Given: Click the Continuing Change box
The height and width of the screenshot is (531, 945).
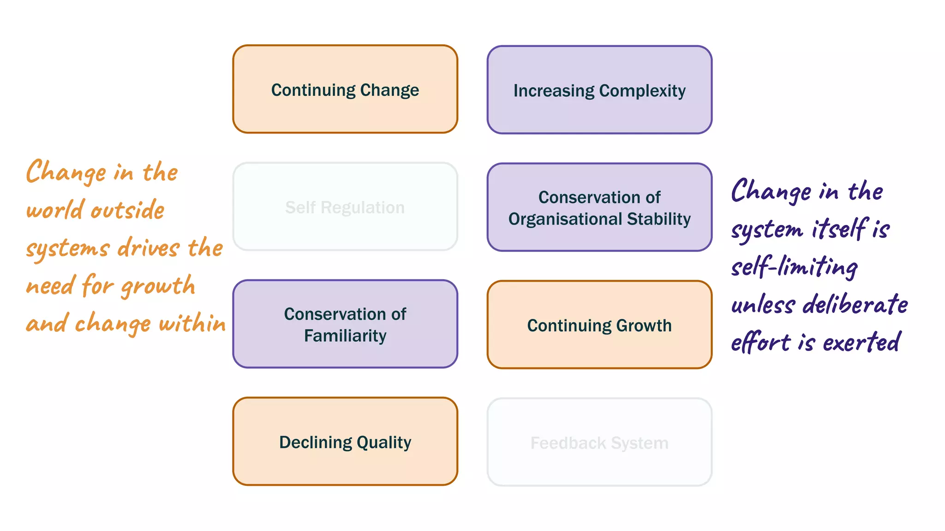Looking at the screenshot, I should click(345, 89).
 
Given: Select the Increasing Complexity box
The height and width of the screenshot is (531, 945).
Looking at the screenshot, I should click(599, 90).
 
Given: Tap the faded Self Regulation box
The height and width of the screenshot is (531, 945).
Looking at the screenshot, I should click(345, 206).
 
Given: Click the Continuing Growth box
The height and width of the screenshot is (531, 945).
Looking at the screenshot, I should click(599, 325).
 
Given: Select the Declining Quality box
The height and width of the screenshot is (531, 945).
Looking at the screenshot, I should click(345, 442).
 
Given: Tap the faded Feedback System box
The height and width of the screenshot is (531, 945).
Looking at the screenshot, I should click(599, 442).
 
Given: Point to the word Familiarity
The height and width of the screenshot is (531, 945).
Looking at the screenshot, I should click(345, 336).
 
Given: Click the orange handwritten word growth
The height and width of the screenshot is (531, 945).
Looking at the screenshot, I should click(158, 286).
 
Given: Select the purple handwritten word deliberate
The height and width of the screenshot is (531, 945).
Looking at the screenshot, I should click(855, 305).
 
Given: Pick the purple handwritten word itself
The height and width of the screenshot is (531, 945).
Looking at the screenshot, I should click(838, 229).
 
